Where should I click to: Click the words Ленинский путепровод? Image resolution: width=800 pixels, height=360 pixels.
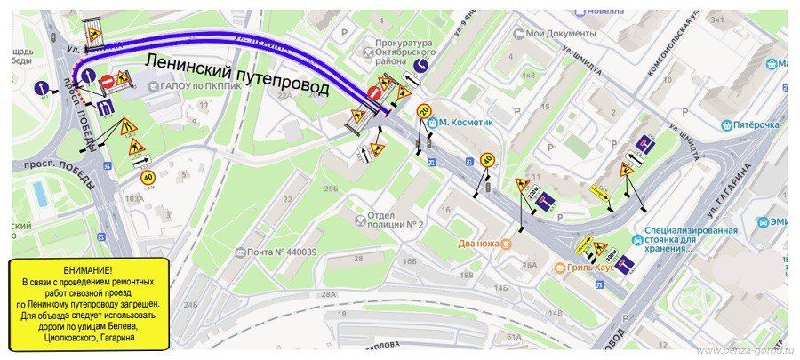[x=237, y=75]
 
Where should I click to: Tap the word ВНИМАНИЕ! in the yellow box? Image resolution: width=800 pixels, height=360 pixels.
[x=88, y=269]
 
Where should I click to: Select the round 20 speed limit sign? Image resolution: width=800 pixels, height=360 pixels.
[x=422, y=111]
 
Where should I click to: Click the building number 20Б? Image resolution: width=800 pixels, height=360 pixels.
[x=331, y=188]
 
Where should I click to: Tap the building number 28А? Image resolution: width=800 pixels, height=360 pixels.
[x=329, y=293]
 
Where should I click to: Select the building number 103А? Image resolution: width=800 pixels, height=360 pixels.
[x=133, y=199]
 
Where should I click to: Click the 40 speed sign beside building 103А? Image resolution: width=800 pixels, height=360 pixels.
[x=148, y=176]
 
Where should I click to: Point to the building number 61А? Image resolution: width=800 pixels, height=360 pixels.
[x=513, y=337]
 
